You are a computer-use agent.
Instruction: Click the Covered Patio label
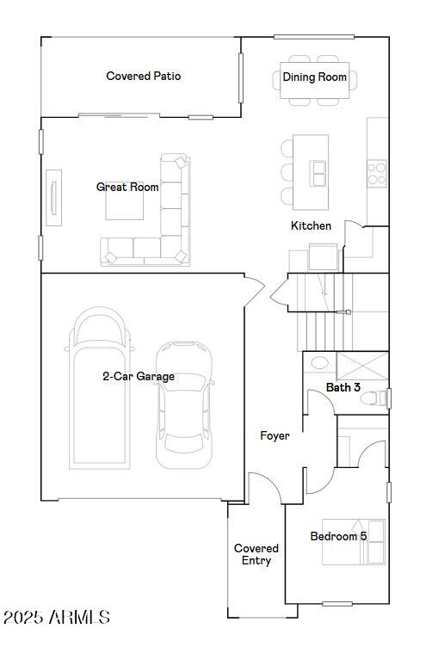[143, 76]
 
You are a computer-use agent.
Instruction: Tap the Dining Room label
[315, 77]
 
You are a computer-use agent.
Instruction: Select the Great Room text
[127, 187]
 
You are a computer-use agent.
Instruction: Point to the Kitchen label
[311, 225]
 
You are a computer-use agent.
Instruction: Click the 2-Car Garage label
[139, 376]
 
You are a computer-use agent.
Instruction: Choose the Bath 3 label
[342, 387]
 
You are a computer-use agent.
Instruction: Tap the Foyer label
[275, 435]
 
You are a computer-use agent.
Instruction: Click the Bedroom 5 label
[338, 536]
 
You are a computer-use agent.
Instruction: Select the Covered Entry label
[256, 554]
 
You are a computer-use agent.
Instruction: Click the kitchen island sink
[318, 173]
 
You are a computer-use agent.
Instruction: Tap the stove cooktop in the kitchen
[377, 173]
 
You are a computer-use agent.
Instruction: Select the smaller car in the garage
[183, 404]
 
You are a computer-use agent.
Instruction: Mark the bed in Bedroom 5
[353, 542]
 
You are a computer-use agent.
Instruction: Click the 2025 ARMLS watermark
[57, 617]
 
